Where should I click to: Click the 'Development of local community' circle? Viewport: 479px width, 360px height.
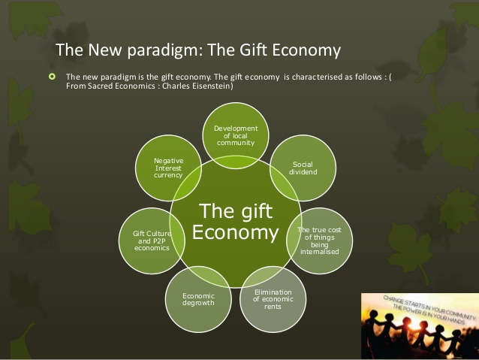tap(236, 135)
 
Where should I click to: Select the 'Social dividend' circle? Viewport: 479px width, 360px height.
tap(303, 168)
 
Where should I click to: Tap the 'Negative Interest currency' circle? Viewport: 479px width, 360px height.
tap(168, 168)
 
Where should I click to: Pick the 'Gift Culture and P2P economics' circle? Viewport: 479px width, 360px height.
tap(152, 241)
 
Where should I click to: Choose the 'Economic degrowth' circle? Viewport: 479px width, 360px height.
tap(198, 299)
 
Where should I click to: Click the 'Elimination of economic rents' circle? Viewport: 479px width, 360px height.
tap(273, 299)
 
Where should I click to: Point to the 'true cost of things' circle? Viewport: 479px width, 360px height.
tap(319, 241)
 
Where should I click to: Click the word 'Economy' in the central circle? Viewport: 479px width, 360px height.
tap(235, 232)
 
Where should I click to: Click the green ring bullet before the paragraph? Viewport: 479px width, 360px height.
tap(53, 77)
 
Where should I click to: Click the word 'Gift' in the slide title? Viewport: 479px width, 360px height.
tap(254, 50)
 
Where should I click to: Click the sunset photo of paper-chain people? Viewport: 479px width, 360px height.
tap(420, 326)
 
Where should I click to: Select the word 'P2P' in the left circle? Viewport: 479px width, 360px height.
tap(158, 241)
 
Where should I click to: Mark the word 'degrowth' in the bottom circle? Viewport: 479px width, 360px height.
tap(198, 303)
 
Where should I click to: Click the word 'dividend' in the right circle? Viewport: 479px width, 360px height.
tap(303, 172)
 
